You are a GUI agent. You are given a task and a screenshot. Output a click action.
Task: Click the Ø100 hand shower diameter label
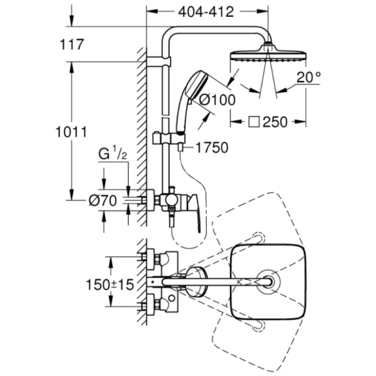pos(217,98)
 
